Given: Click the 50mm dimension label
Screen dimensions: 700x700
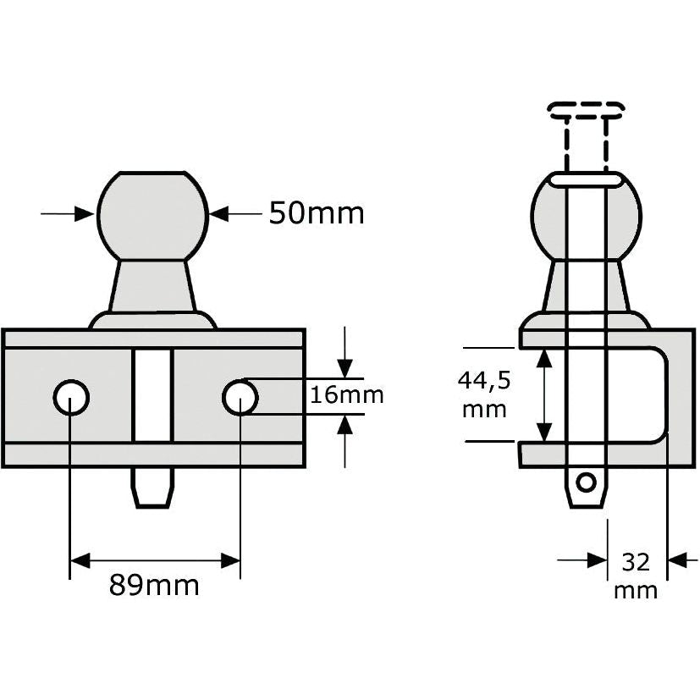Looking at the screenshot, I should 317,213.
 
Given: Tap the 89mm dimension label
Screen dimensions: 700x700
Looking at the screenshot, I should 154,585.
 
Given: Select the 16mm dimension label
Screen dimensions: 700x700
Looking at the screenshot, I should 345,395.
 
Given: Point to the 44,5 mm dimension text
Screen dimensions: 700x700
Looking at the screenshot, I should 484,395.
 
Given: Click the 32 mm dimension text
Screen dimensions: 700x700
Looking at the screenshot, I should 637,576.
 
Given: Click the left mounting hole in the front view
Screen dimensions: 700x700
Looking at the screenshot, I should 71,396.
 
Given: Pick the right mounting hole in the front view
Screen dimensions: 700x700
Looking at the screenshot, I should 241,396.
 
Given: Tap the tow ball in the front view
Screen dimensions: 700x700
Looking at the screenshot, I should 152,213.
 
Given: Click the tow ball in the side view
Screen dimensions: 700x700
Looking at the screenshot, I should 585,216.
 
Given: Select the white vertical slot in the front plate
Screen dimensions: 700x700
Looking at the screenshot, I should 152,395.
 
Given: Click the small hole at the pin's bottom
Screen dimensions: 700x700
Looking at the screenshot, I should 584,482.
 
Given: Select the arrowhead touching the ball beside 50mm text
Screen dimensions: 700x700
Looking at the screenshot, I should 219,214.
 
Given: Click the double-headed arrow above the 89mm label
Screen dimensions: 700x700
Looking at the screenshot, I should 156,559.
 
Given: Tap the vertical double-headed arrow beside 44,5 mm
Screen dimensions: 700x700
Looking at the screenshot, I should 545,395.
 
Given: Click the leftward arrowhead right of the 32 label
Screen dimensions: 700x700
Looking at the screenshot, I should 678,559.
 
